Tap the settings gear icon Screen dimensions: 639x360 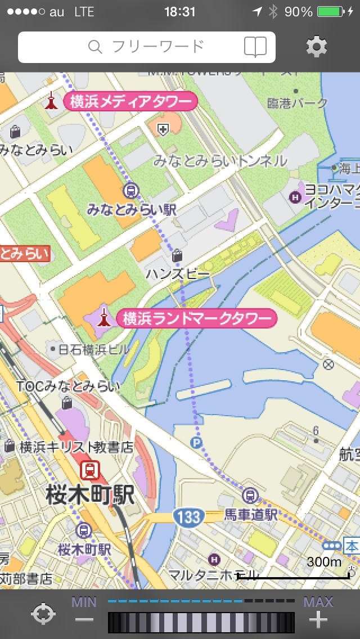pos(317,47)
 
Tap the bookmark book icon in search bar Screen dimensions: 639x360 pos(255,47)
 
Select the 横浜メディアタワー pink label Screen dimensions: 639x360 pos(130,102)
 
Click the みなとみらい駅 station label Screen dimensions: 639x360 pos(132,210)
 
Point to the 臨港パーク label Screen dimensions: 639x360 pos(298,103)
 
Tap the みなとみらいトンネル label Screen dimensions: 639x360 pos(220,161)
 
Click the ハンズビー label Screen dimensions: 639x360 pos(178,274)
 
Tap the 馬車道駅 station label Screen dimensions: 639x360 pos(251,514)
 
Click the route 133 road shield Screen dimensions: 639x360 pos(188,516)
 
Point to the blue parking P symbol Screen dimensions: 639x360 pos(196,443)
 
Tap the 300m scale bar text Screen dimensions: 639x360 pos(324,561)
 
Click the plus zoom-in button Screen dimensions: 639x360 pos(318,620)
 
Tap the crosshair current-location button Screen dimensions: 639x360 pos(44,614)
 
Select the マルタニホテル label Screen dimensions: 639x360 pos(214,575)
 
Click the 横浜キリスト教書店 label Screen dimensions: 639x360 pos(76,447)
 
